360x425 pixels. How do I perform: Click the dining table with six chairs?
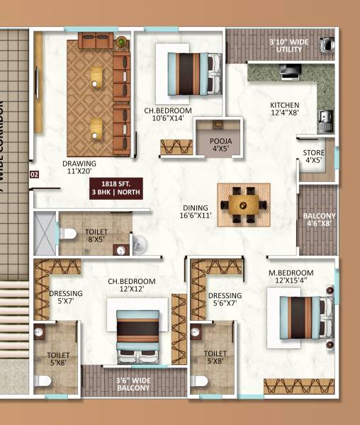pos(243,205)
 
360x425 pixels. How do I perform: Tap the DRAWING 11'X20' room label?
pos(79,166)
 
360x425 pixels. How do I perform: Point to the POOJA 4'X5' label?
pos(220,145)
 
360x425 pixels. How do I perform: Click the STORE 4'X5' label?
pos(314,157)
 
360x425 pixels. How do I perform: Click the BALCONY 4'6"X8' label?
pos(318,220)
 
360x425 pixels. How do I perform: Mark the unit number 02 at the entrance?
pos(33,174)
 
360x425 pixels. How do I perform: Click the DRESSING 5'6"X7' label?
pos(225,300)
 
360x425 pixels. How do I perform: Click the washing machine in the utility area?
pos(327,44)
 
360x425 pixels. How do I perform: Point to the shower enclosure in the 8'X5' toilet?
pos(44,233)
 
